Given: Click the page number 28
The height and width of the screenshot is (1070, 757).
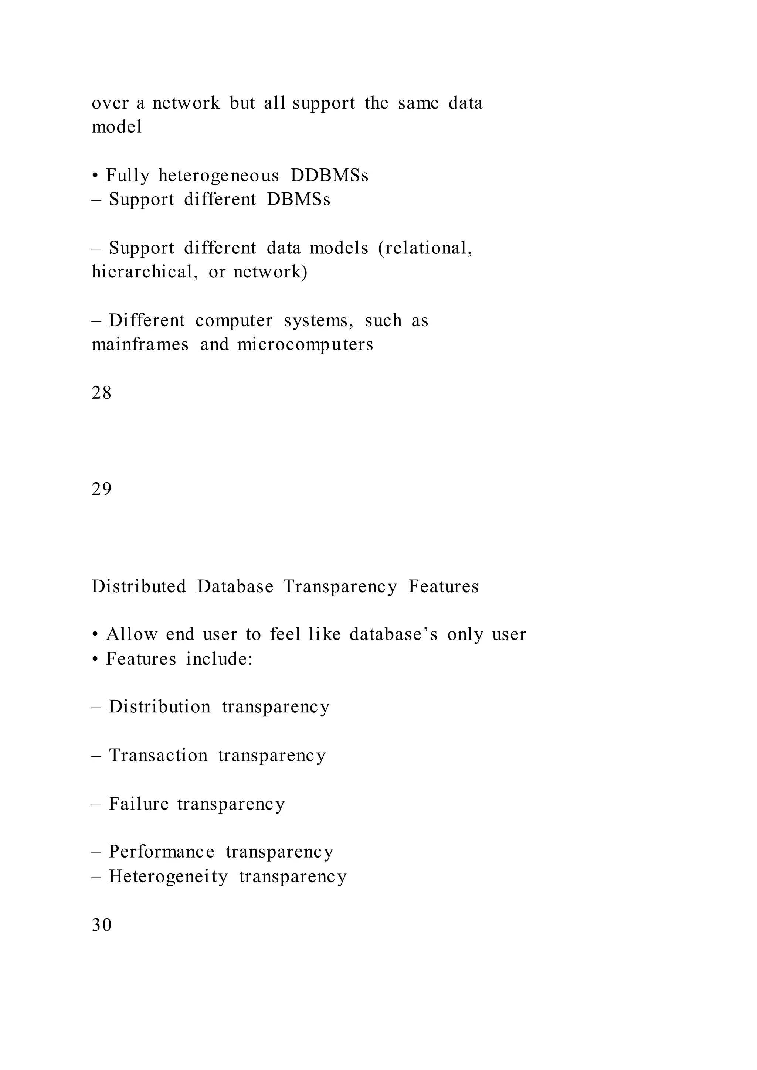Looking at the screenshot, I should pos(102,393).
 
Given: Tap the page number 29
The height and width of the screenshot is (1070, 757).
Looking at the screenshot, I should pos(102,489).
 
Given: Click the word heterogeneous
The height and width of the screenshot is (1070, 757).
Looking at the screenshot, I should pos(218,176).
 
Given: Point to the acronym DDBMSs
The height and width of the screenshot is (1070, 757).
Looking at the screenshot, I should pos(329,176).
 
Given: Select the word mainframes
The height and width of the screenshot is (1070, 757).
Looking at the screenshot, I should pos(140,344).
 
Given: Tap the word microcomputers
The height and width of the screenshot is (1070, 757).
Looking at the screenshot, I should pos(305,345).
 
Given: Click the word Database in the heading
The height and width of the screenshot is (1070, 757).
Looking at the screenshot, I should pos(235,586).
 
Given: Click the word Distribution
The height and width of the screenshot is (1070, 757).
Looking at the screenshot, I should pos(159,707).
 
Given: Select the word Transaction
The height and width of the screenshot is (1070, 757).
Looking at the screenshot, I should pos(158,756).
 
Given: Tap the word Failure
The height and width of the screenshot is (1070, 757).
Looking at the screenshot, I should pos(139,804).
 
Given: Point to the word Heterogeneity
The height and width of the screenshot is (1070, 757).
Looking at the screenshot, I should pos(168,877).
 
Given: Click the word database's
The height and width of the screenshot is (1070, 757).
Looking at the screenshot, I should pos(393,635).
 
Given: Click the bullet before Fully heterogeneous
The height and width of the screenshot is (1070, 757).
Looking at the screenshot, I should pos(95,176).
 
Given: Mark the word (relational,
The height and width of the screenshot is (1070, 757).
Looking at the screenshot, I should pos(425,248).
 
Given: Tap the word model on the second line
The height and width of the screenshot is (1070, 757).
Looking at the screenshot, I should pos(116,127).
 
